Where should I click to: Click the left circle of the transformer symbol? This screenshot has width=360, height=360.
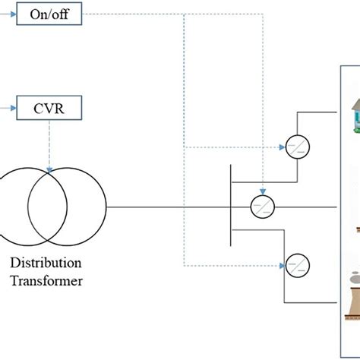pos(15,207)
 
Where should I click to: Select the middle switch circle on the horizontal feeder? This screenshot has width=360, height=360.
pos(262,205)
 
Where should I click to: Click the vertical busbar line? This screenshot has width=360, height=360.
pos(229,205)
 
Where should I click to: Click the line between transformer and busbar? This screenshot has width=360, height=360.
pos(167,207)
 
